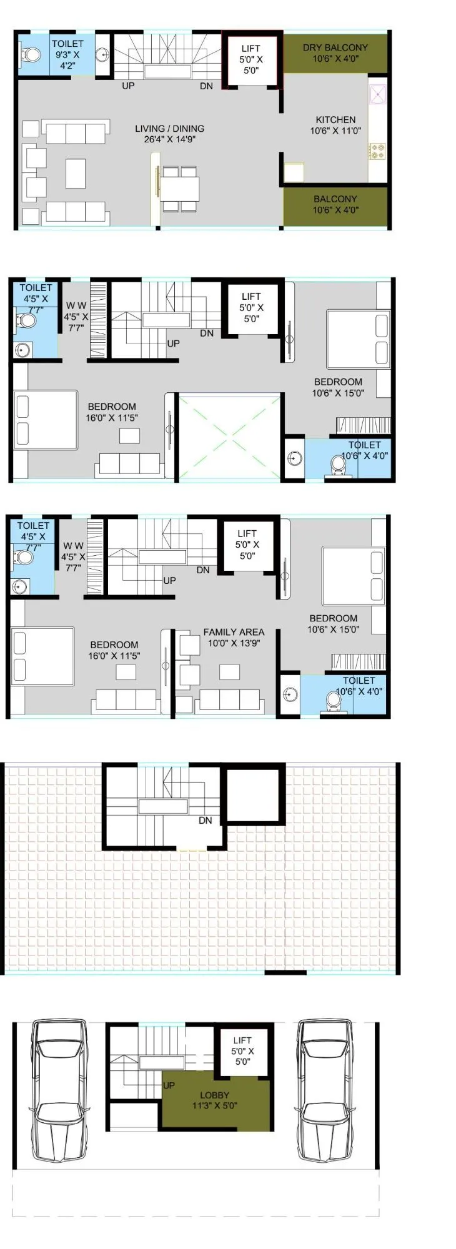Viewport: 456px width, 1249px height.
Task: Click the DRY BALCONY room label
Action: [x=335, y=47]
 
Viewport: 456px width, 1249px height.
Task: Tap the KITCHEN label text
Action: [x=335, y=119]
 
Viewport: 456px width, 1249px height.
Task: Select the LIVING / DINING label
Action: [x=169, y=129]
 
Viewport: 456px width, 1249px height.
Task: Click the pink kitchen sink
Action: [x=377, y=94]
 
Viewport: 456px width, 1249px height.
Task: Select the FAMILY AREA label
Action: [x=234, y=632]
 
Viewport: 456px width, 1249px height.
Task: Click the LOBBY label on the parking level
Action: [x=214, y=1095]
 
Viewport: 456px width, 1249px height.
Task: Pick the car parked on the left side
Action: [x=60, y=1089]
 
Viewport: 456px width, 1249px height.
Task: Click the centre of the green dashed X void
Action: [x=229, y=436]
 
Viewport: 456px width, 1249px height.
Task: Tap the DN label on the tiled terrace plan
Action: [x=205, y=821]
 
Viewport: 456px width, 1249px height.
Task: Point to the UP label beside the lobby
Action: [x=169, y=1085]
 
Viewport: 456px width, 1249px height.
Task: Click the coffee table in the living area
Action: [x=76, y=173]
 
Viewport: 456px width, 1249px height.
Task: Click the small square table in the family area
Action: [x=229, y=672]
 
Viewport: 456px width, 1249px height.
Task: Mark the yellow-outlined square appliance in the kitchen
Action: [x=294, y=172]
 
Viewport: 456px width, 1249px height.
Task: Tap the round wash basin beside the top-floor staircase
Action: [x=103, y=55]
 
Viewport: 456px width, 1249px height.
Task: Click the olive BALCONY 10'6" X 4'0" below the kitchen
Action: [x=335, y=205]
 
